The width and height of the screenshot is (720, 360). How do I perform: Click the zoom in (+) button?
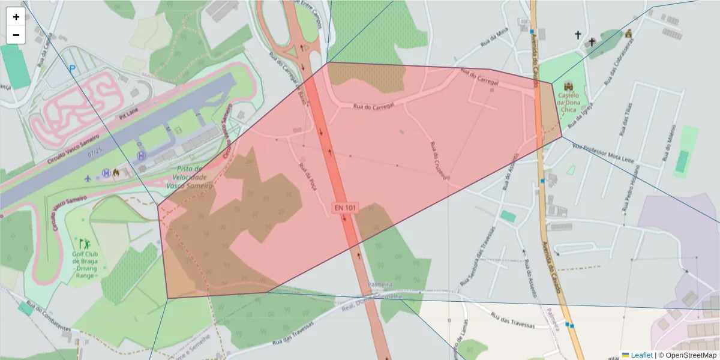(16, 17)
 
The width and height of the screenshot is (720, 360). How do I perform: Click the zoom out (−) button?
(16, 35)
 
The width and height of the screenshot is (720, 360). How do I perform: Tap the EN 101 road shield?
(346, 208)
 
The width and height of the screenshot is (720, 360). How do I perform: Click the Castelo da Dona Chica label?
(568, 102)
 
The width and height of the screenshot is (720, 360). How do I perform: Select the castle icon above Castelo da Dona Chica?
(568, 85)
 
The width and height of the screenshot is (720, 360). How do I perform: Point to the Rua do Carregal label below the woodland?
(373, 106)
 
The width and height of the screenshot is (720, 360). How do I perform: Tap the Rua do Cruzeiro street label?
(439, 160)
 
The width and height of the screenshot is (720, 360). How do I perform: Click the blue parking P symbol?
(73, 69)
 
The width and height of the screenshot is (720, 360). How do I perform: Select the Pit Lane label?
(128, 115)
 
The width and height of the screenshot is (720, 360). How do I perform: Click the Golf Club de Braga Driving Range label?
(85, 265)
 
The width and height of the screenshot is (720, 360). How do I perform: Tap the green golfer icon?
(85, 244)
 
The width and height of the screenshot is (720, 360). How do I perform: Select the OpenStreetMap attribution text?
(691, 355)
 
